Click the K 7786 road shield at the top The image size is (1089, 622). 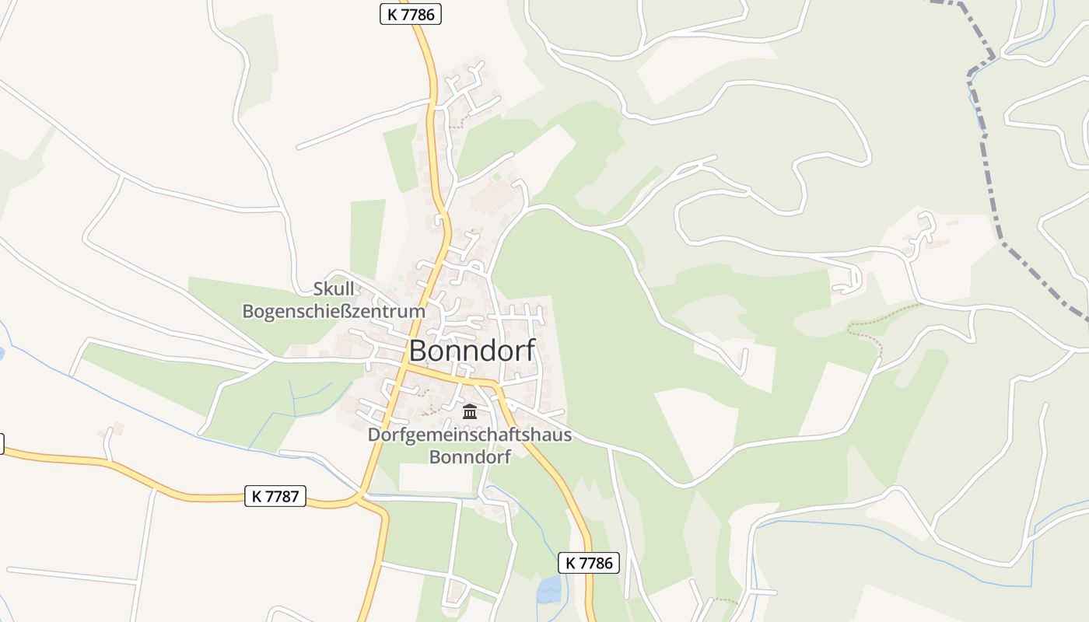pos(410,13)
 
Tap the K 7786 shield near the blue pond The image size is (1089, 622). pos(589,563)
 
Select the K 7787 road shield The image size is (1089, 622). pos(276,496)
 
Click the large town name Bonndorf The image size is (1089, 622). pos(472,351)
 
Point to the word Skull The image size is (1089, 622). pos(333,289)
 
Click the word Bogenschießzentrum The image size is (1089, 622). pos(334,312)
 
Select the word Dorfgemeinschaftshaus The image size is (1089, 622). pos(469,435)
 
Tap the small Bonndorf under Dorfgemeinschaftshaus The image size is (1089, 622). pos(470,456)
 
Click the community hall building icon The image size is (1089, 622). pos(469,411)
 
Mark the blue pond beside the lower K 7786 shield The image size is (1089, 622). pos(548,590)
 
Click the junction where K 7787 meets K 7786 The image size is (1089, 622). pos(361,495)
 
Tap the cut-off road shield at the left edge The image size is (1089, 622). pos(2,444)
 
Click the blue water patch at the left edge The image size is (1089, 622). pos(2,355)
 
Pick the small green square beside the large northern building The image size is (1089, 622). pos(496,176)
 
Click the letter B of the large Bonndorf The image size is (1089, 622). pos(417,351)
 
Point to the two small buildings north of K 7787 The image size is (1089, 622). pos(111,429)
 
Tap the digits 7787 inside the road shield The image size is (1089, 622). pos(283,496)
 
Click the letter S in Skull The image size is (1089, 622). pos(317,289)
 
